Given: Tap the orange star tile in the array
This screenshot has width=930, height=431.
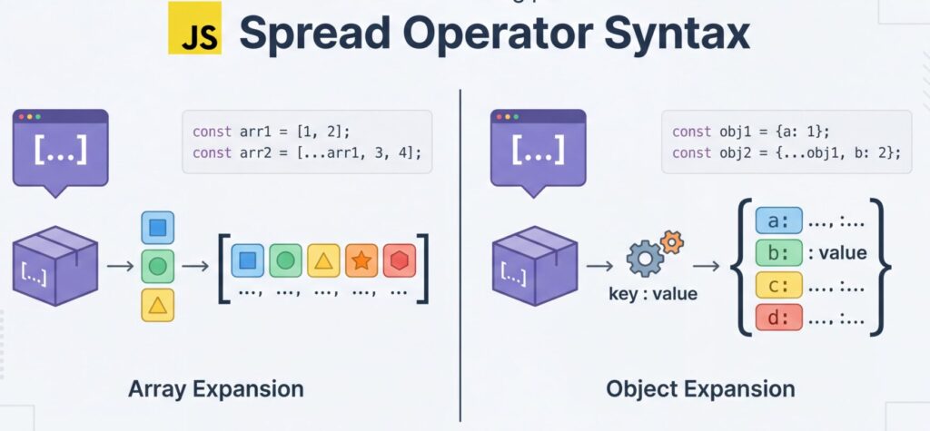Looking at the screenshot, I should pyautogui.click(x=361, y=260).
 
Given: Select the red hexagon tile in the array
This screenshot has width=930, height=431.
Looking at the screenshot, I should pyautogui.click(x=399, y=260).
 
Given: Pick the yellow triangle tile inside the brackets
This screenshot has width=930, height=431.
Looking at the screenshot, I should pyautogui.click(x=323, y=260).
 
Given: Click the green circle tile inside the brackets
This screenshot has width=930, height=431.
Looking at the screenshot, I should pyautogui.click(x=285, y=260).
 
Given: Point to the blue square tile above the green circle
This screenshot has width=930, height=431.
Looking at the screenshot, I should pyautogui.click(x=157, y=227).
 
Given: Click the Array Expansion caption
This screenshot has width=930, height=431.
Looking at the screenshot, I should pyautogui.click(x=215, y=389).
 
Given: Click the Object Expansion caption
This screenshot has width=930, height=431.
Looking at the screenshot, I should pyautogui.click(x=700, y=389).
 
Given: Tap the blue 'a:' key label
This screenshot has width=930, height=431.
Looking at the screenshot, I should pyautogui.click(x=779, y=220).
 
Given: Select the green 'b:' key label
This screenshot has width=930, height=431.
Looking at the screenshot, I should pyautogui.click(x=779, y=253).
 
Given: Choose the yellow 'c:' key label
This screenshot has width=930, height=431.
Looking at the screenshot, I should pyautogui.click(x=779, y=286).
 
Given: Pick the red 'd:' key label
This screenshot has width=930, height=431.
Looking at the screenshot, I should pyautogui.click(x=779, y=318).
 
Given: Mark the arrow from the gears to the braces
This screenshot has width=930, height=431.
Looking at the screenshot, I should pyautogui.click(x=707, y=265).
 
